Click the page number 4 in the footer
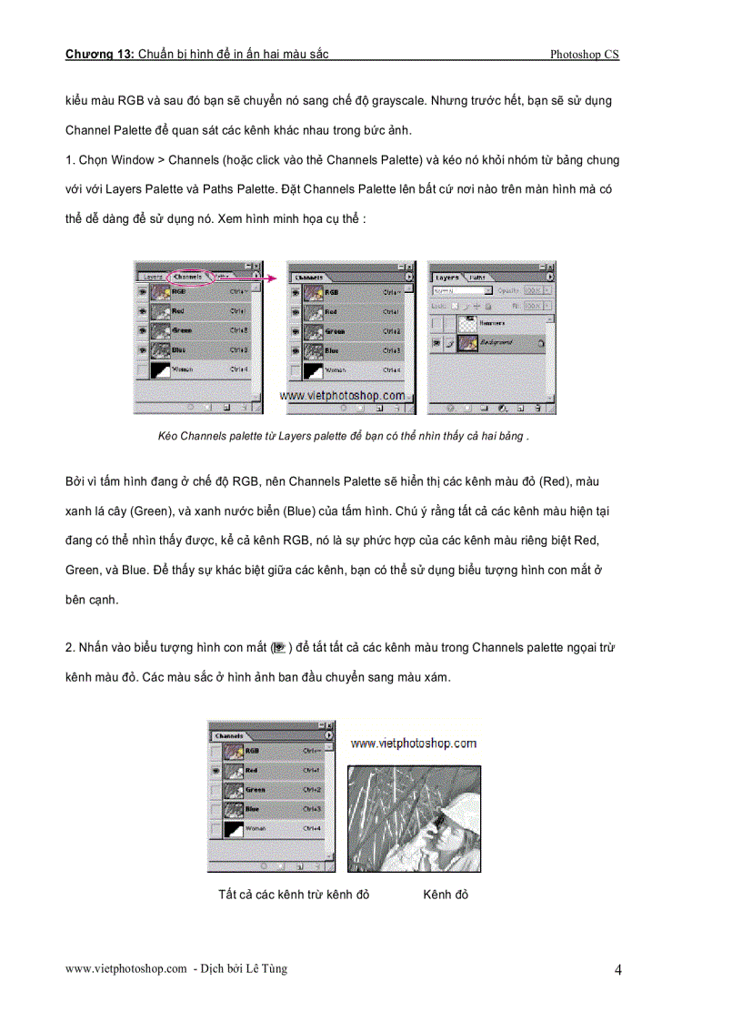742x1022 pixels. click(x=617, y=970)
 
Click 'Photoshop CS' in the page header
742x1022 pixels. click(x=584, y=55)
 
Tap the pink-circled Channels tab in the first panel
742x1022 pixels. click(x=188, y=276)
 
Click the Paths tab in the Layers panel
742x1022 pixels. click(x=476, y=276)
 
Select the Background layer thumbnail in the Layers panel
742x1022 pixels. click(x=469, y=342)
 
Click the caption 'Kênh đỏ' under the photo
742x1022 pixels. click(x=446, y=895)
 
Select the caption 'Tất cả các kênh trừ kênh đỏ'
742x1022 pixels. click(x=294, y=895)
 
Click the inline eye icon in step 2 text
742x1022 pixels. click(x=279, y=648)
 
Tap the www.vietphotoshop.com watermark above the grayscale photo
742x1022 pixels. click(x=414, y=744)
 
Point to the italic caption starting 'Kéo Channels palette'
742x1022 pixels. click(x=343, y=436)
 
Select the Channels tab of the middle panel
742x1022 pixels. click(x=310, y=276)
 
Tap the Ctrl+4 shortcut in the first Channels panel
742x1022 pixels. click(x=239, y=369)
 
